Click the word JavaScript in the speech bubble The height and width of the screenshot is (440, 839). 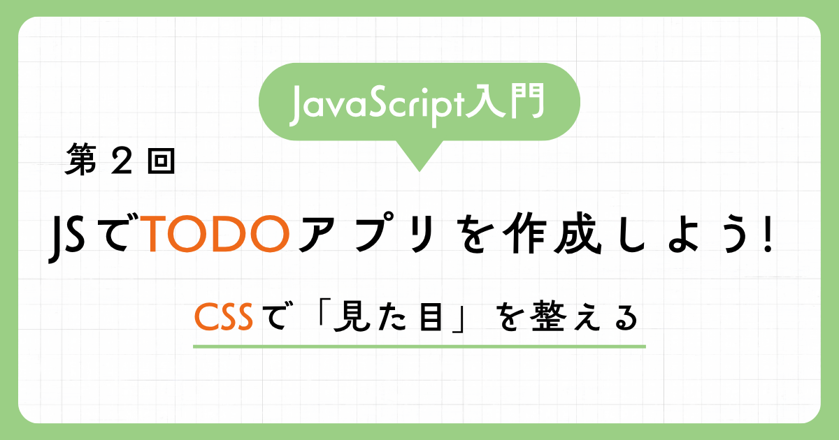376,105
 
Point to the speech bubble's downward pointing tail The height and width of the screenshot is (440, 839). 419,156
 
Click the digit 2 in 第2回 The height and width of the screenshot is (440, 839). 122,160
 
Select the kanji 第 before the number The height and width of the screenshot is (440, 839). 80,160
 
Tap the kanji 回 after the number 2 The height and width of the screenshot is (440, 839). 161,161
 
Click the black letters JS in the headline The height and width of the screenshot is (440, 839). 66,238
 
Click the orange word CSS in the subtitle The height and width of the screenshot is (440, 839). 224,317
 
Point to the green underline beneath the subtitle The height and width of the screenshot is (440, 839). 419,347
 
